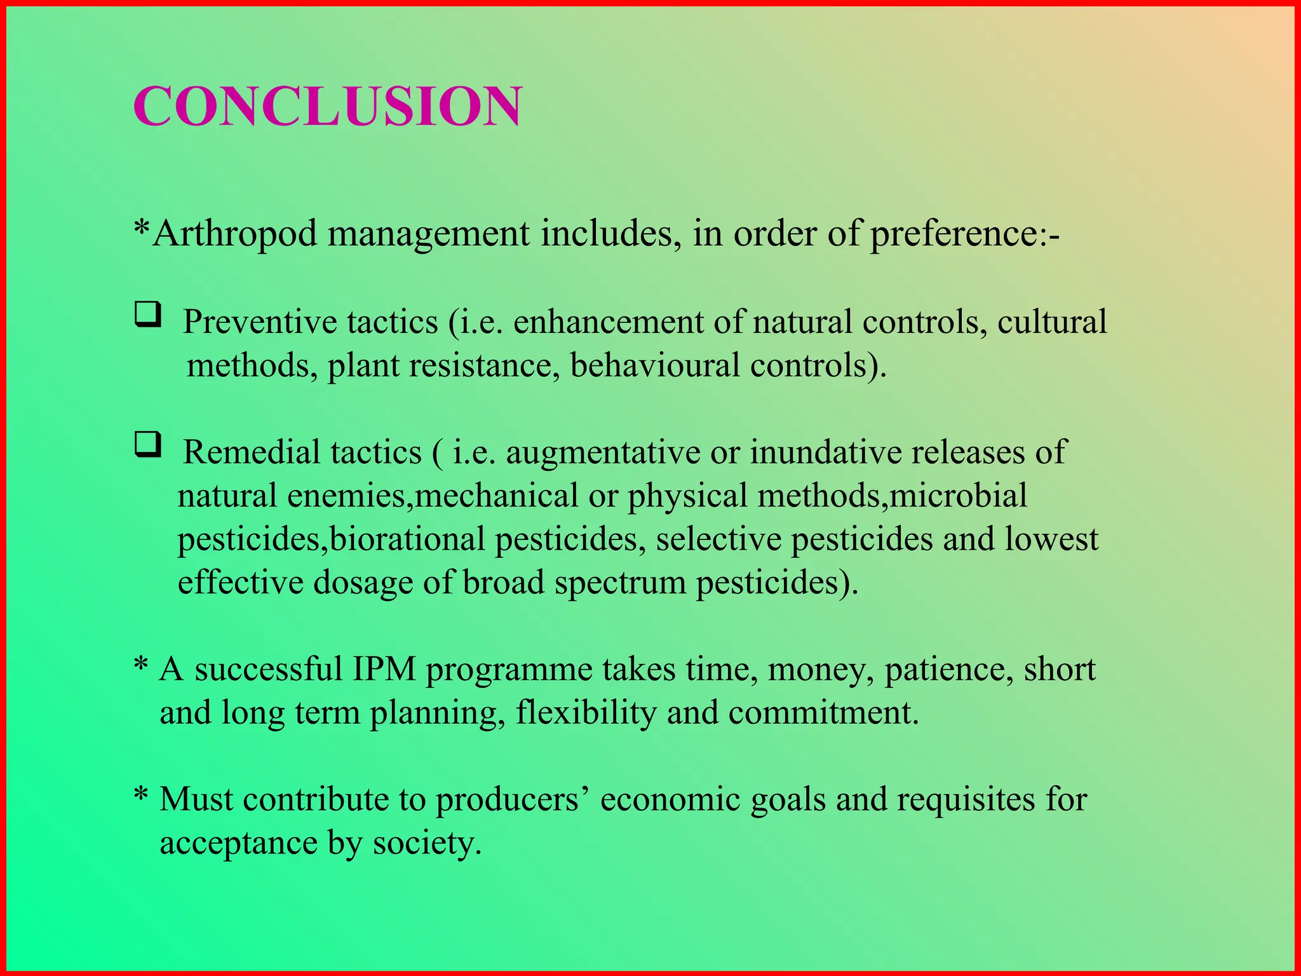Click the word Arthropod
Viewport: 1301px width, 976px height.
click(235, 234)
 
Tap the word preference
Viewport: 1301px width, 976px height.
click(954, 234)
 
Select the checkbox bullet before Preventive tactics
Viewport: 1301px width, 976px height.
click(147, 315)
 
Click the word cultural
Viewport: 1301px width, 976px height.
click(1051, 322)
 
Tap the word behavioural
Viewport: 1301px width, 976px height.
click(654, 365)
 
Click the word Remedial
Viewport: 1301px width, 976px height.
click(252, 452)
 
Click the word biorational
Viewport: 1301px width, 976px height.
click(407, 539)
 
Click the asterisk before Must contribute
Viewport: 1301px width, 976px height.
click(141, 795)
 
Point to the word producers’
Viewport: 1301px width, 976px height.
click(512, 799)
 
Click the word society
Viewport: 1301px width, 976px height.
click(427, 844)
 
